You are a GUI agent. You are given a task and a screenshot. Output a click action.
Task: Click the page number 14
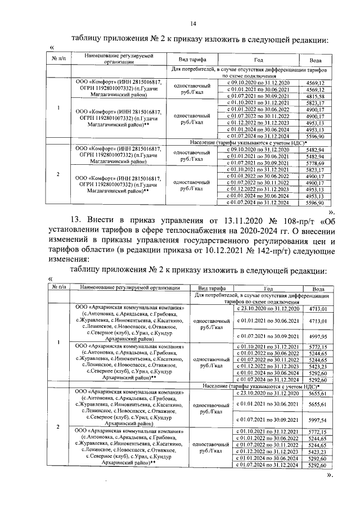pyautogui.click(x=193, y=23)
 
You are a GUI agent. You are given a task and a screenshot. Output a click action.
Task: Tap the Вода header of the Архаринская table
pyautogui.click(x=318, y=287)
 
